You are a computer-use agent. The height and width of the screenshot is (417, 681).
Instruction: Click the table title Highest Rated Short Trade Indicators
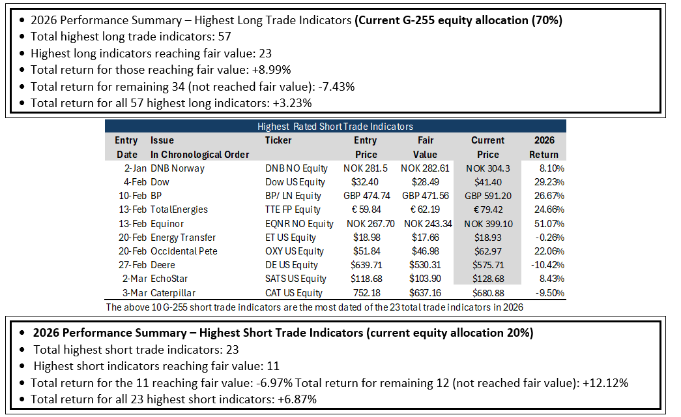pyautogui.click(x=335, y=127)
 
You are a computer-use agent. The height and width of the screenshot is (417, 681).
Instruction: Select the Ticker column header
pyautogui.click(x=278, y=140)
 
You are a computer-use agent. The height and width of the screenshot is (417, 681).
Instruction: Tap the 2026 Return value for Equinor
pyautogui.click(x=549, y=224)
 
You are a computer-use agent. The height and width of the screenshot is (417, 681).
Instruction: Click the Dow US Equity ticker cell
pyautogui.click(x=295, y=182)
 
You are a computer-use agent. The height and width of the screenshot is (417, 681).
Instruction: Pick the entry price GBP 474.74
pyautogui.click(x=366, y=196)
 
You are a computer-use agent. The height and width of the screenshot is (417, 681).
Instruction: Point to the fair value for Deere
pyautogui.click(x=425, y=265)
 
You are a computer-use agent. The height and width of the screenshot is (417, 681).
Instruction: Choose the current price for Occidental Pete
pyautogui.click(x=488, y=251)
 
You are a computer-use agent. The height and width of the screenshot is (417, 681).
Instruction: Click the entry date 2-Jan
pyautogui.click(x=135, y=168)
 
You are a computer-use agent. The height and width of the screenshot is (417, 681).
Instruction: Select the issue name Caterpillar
pyautogui.click(x=173, y=293)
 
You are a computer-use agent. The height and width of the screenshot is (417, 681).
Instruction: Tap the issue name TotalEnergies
pyautogui.click(x=179, y=209)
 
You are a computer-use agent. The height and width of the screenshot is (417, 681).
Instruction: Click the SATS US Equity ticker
pyautogui.click(x=296, y=279)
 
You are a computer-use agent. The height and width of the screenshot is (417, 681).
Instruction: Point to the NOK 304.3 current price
pyautogui.click(x=488, y=168)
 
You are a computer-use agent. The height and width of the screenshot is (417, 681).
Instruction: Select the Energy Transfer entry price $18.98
pyautogui.click(x=366, y=238)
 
